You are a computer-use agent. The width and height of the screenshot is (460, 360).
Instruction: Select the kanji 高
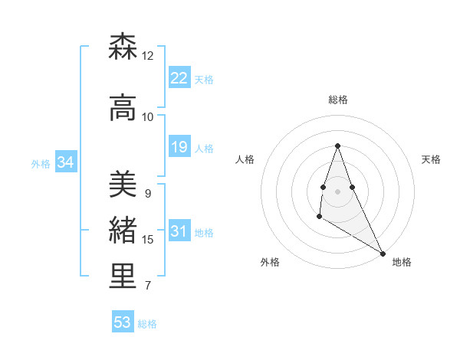tap(123, 109)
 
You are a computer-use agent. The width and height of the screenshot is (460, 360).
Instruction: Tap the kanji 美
tap(123, 185)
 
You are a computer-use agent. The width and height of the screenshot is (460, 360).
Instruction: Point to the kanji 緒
tap(123, 231)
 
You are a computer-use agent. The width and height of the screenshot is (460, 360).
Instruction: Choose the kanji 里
tap(123, 277)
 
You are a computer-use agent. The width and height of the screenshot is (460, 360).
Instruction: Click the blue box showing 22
tap(179, 78)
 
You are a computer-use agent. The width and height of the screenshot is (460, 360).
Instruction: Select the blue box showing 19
tap(179, 147)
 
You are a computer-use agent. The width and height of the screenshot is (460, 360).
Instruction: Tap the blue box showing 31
tap(179, 232)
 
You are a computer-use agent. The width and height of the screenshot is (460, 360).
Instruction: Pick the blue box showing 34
tap(65, 162)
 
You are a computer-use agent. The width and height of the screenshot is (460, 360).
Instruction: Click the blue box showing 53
tap(123, 322)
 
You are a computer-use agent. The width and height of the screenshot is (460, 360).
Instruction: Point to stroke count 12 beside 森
tap(148, 56)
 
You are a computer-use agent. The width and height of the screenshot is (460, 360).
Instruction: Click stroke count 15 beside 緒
tap(148, 240)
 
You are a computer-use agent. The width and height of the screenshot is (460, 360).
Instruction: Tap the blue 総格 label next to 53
tap(147, 324)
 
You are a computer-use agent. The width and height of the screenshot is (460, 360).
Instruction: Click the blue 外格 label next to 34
tap(41, 163)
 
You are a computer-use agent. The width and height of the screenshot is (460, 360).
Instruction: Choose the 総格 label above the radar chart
tap(338, 100)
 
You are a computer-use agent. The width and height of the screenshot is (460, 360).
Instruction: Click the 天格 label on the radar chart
tap(431, 159)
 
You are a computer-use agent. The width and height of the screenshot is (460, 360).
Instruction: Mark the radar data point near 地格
tap(383, 254)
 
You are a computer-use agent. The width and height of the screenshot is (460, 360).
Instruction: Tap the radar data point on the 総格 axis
tap(338, 146)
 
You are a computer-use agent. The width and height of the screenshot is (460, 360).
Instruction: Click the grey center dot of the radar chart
tap(338, 191)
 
